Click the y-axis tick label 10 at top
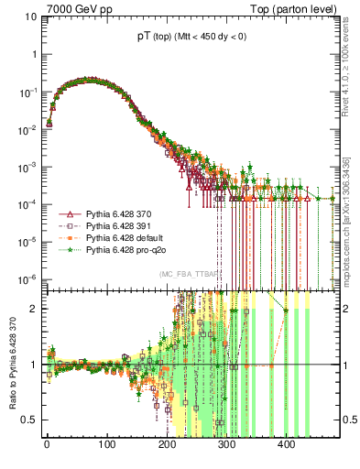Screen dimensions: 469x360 pyautogui.click(x=31, y=16)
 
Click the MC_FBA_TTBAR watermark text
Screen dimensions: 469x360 pyautogui.click(x=189, y=273)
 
